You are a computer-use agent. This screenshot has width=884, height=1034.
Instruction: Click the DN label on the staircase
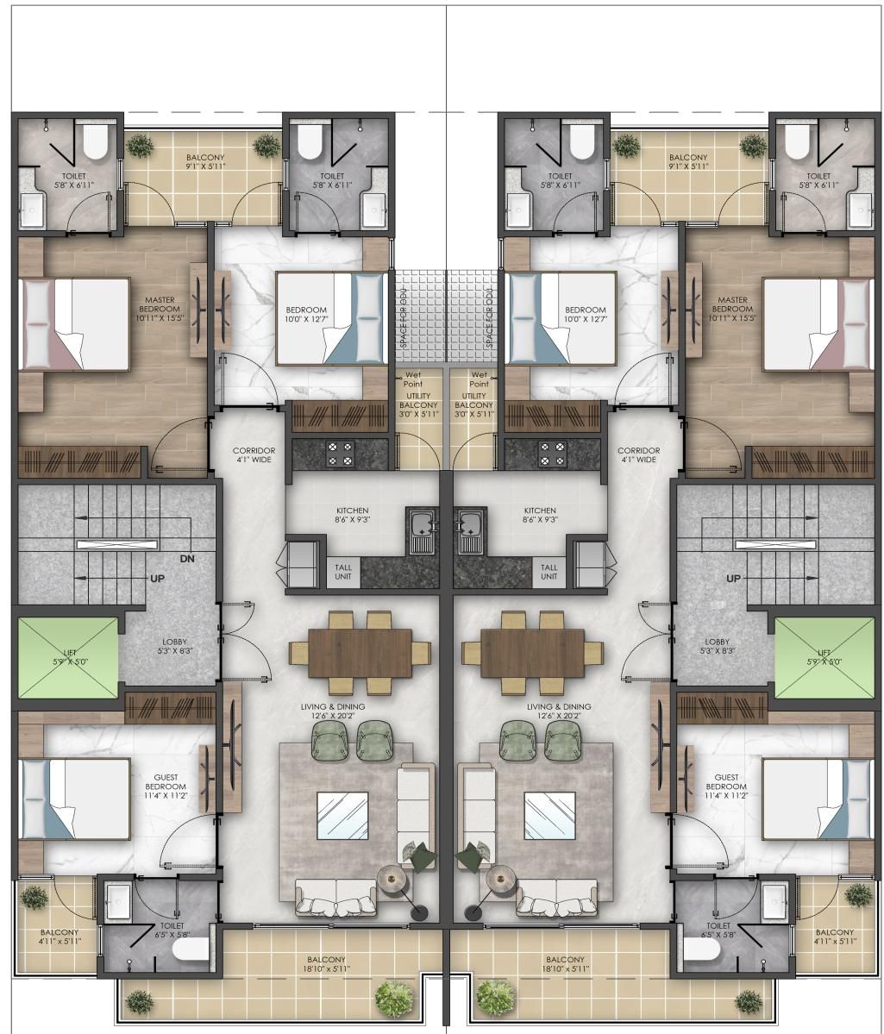187,559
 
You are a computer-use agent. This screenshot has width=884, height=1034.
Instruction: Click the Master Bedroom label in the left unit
160,309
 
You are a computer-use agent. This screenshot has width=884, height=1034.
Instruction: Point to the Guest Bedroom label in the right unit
726,786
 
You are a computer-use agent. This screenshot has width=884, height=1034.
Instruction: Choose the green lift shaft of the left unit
68,657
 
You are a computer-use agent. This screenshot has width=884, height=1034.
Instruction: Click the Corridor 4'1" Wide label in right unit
638,455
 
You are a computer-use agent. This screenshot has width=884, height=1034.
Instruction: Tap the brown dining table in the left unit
360,653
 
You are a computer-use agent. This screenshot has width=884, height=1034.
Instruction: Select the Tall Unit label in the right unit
549,572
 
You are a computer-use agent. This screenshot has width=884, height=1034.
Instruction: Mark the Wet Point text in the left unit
413,379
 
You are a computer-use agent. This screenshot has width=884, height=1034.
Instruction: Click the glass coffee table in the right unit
549,816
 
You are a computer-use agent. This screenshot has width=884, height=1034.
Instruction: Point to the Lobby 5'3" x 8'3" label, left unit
174,646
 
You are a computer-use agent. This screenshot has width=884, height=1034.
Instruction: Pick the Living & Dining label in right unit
559,711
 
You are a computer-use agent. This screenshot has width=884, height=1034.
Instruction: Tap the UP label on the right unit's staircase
734,579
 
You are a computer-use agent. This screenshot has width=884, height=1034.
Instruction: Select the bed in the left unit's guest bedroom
74,799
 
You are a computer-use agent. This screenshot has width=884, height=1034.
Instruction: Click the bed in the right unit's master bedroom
818,323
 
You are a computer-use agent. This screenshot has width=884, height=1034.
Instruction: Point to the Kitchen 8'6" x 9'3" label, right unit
540,515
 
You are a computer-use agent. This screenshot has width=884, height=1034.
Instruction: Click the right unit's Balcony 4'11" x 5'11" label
835,937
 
